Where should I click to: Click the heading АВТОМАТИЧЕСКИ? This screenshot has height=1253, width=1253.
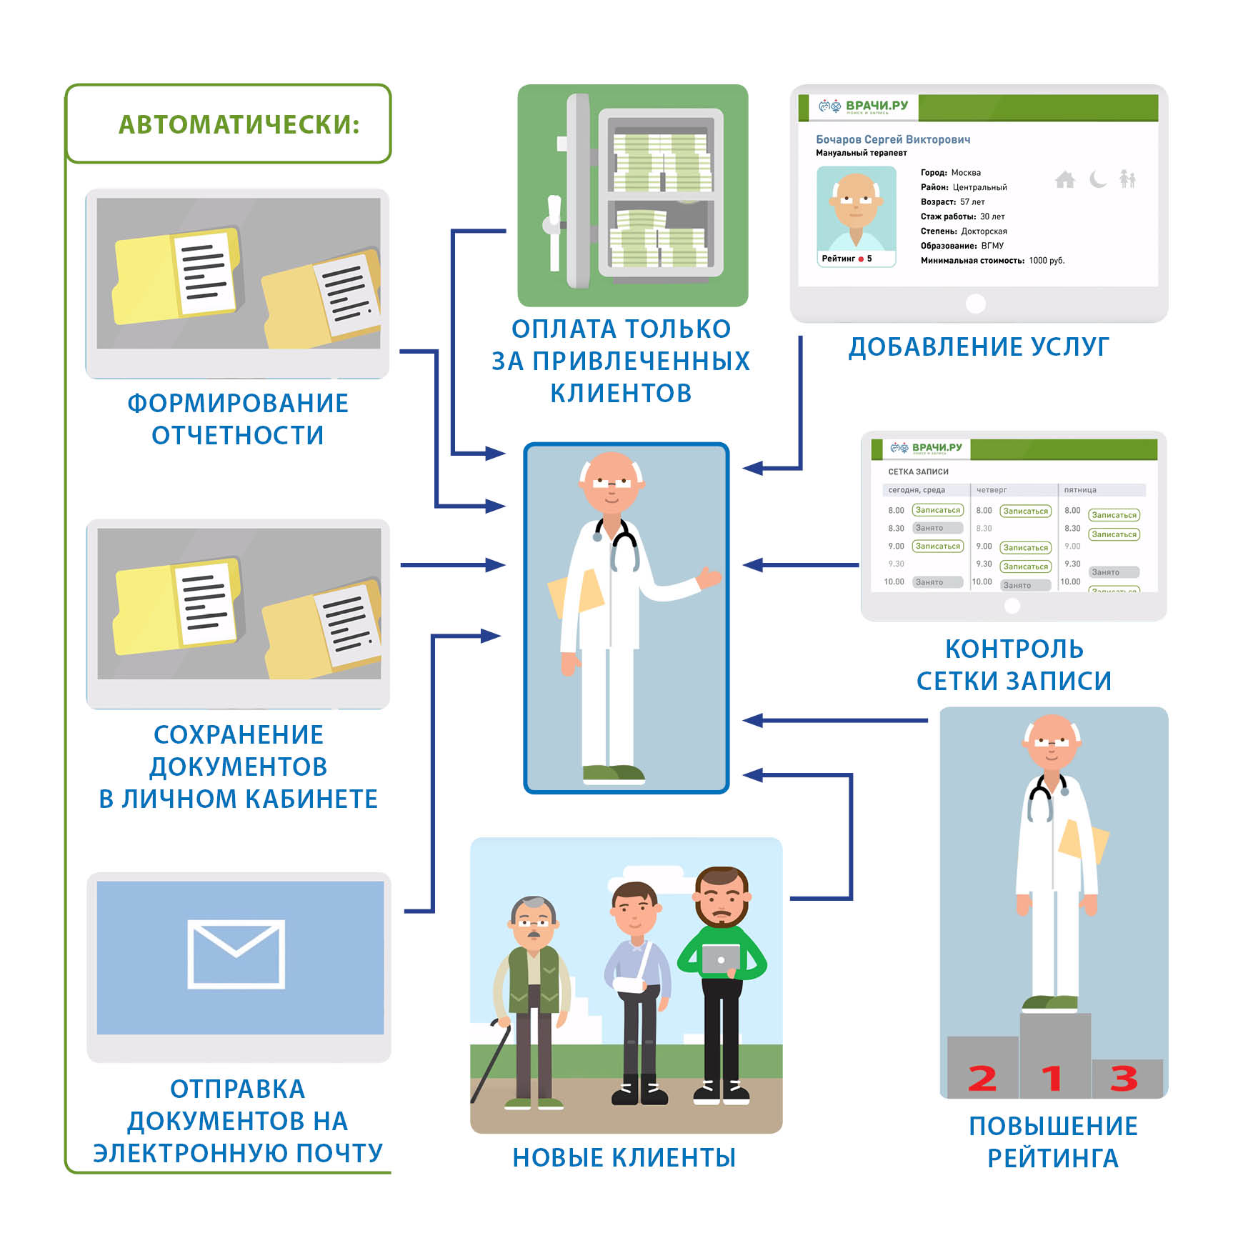(x=239, y=124)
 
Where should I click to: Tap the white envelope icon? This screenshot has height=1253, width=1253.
(x=236, y=954)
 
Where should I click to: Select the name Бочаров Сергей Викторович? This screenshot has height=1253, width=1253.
(x=893, y=139)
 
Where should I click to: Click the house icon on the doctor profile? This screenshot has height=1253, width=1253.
(x=1064, y=179)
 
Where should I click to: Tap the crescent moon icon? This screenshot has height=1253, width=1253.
(x=1098, y=179)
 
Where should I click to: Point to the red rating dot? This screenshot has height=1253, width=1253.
(x=861, y=259)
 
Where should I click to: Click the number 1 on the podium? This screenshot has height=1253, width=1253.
(x=1052, y=1077)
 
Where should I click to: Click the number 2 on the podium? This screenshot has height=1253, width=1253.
(x=982, y=1078)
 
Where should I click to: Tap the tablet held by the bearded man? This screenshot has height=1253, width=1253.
(x=720, y=959)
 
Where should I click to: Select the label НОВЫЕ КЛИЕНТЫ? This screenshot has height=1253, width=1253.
(x=624, y=1157)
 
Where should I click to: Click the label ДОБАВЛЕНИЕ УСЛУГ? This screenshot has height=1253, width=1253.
(x=979, y=346)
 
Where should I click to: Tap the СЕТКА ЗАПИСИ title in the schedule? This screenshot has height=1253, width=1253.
(x=918, y=471)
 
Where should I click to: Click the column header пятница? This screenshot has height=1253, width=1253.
(x=1079, y=490)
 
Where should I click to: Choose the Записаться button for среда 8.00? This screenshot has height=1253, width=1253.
(x=937, y=510)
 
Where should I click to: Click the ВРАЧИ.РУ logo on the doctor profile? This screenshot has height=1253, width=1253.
(x=864, y=106)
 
